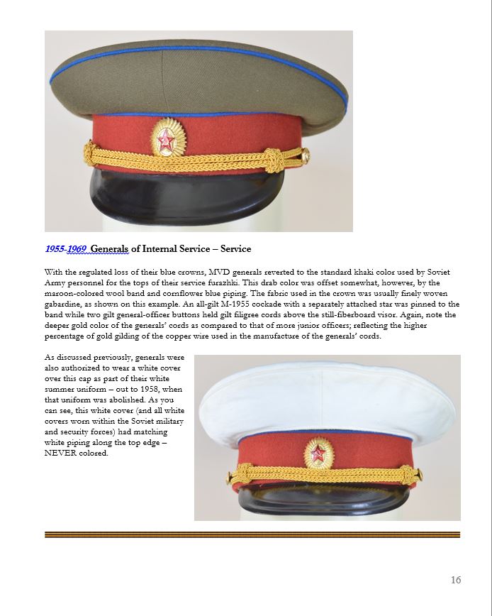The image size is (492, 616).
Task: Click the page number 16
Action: pyautogui.click(x=455, y=580)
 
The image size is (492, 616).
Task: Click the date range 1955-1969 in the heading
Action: pyautogui.click(x=65, y=249)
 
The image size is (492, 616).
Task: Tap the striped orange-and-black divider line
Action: pyautogui.click(x=252, y=534)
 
